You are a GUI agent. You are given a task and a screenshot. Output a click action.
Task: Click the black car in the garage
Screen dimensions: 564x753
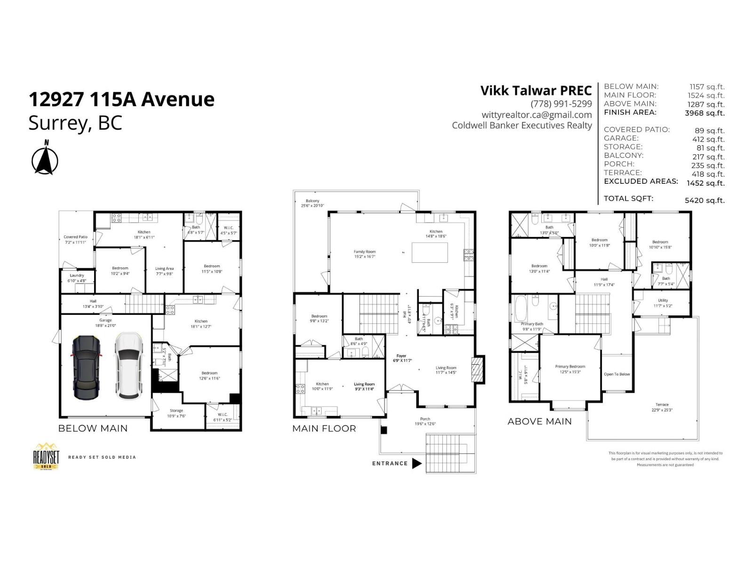point(86,367)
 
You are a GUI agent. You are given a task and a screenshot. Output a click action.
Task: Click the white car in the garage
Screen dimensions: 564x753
point(128,366)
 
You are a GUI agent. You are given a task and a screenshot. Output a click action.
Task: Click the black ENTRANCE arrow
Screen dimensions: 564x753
point(417,463)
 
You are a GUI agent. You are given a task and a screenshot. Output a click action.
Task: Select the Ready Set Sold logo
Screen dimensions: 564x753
point(46,456)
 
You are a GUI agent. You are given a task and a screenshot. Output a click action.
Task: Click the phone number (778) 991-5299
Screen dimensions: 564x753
point(561,104)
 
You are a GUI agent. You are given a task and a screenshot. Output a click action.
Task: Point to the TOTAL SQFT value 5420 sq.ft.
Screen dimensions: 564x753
point(705,200)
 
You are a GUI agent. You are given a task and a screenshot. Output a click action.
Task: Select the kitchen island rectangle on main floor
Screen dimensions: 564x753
point(430,252)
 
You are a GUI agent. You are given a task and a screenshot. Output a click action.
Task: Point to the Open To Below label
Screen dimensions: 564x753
point(617,375)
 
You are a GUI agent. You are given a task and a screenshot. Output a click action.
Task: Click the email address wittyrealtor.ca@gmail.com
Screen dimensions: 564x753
point(537,115)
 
